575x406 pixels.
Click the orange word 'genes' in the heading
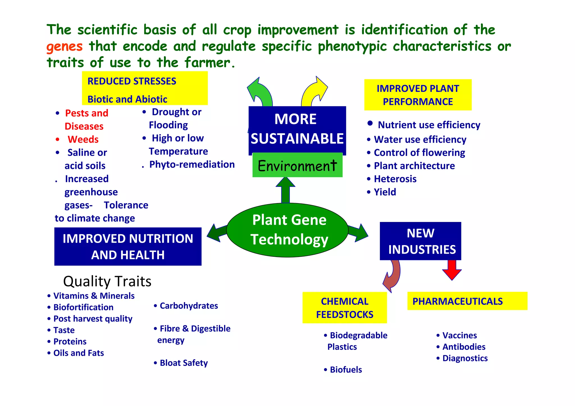click(x=65, y=46)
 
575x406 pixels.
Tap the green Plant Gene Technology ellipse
click(x=287, y=230)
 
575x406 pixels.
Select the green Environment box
click(x=297, y=165)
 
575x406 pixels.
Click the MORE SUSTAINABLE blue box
click(x=297, y=129)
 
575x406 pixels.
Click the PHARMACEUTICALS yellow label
click(x=467, y=301)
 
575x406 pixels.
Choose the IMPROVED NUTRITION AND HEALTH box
click(x=128, y=247)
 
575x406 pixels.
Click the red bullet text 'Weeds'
click(x=83, y=139)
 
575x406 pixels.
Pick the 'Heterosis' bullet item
click(x=395, y=179)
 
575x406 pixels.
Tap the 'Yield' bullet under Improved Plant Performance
click(x=385, y=192)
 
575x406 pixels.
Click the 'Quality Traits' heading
click(x=107, y=281)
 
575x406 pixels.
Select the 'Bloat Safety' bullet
click(x=184, y=363)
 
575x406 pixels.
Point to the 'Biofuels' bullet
click(x=346, y=370)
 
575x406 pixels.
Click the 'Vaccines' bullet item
click(x=459, y=336)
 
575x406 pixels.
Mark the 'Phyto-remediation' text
click(x=192, y=164)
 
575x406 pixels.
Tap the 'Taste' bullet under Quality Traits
click(x=64, y=330)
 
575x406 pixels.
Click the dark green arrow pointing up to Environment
click(x=286, y=190)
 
